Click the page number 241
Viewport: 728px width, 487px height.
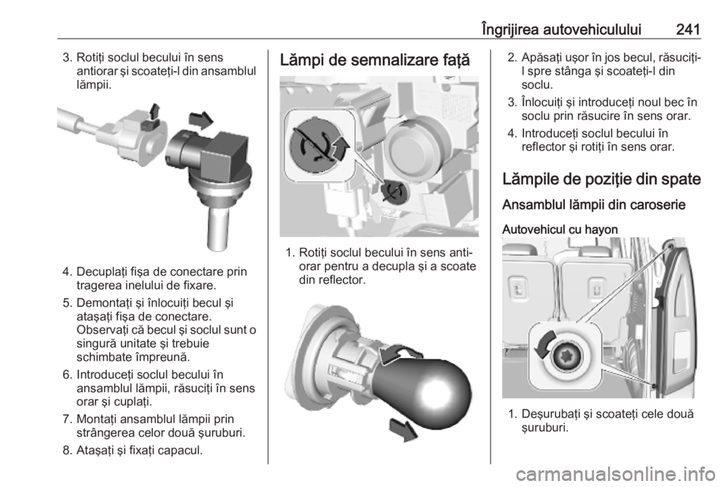tap(688, 30)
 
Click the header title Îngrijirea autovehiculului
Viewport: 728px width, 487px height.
tap(561, 30)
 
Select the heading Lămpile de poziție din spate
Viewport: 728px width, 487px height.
tap(601, 179)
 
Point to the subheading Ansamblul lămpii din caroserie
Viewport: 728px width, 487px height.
tap(594, 205)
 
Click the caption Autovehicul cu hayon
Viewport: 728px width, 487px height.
tap(560, 229)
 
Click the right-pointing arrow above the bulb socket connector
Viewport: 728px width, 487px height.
tap(200, 121)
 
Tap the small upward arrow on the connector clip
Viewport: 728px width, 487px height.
tap(155, 112)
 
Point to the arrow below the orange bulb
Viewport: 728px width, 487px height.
tap(403, 430)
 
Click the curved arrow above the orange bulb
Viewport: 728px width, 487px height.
tap(399, 353)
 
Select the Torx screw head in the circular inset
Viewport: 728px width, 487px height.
tap(565, 357)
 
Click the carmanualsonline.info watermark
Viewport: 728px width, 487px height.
tap(615, 474)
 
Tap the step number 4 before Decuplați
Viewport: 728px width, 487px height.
tap(67, 272)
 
